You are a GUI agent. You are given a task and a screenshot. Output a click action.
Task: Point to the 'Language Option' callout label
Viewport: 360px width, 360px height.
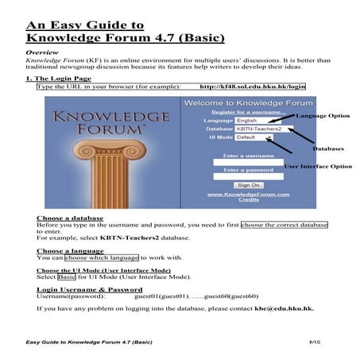click(x=323, y=116)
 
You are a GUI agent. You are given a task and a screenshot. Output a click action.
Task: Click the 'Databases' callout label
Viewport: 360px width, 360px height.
click(x=327, y=149)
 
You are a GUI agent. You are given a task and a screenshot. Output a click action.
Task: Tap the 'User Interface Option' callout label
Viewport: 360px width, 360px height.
click(x=317, y=166)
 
